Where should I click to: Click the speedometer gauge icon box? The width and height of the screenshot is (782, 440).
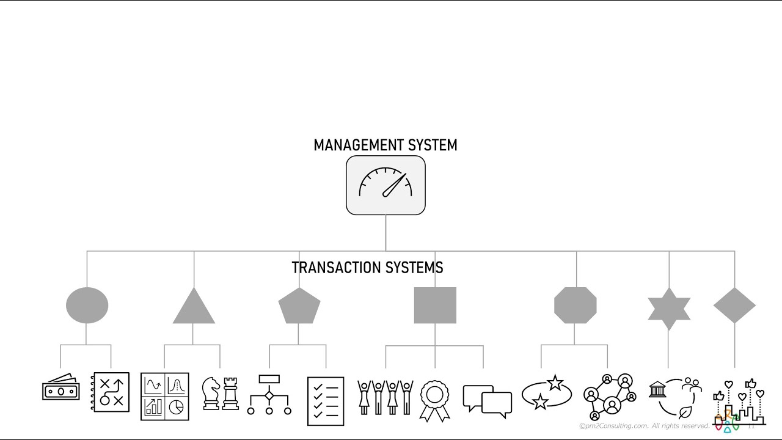(x=386, y=185)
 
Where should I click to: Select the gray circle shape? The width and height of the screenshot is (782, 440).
(x=87, y=306)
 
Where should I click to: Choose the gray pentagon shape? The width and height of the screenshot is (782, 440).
(x=299, y=306)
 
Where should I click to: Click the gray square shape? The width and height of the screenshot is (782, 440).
(x=435, y=306)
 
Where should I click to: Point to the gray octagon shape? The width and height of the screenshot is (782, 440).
(x=575, y=306)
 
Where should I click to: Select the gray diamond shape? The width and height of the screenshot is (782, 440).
(x=734, y=306)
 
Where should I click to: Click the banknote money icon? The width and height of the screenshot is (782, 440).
(x=60, y=388)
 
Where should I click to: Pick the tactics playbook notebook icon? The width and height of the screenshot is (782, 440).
(x=111, y=392)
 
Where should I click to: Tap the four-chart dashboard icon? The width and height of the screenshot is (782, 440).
(x=165, y=396)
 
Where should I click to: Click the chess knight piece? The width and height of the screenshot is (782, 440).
(x=211, y=394)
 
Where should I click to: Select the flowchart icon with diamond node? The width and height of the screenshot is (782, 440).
(x=269, y=395)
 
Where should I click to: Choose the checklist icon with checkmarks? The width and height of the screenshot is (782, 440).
(x=326, y=401)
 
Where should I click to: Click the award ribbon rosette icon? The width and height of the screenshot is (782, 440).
(x=434, y=400)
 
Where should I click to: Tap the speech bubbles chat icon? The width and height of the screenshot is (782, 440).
(x=487, y=401)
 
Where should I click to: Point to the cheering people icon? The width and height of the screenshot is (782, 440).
(x=385, y=397)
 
